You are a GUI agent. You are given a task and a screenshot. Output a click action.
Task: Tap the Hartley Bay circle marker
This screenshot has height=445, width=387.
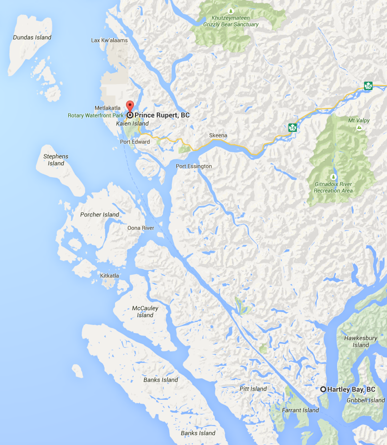pos(323,389)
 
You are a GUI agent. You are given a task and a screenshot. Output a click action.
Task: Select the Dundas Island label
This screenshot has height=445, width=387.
pos(32,37)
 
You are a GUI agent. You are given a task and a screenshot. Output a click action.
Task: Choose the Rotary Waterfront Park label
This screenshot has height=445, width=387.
pos(96,115)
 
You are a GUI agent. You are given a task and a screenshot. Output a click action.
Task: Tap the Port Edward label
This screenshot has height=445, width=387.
pos(135,142)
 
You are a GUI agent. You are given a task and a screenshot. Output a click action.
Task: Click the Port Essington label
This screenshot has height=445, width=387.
pos(194,166)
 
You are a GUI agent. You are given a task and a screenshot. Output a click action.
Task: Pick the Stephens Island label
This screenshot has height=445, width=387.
pos(56,160)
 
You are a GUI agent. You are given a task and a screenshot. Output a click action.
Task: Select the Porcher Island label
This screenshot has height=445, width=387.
pos(100,215)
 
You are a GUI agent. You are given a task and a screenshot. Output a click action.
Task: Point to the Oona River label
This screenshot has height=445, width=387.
pos(141,228)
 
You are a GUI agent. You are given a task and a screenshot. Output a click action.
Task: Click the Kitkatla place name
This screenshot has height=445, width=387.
pos(110,275)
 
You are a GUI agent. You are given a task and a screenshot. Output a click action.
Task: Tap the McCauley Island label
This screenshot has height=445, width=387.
pos(145,312)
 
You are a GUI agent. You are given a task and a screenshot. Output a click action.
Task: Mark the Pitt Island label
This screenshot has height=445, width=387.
pos(253,389)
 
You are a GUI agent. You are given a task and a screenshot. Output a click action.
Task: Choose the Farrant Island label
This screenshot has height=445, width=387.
pos(300,410)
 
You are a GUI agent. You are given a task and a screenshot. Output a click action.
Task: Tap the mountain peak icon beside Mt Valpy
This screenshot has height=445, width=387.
pos(359,128)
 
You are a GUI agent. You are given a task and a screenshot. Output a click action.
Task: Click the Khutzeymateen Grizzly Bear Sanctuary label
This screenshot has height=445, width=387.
pos(231,21)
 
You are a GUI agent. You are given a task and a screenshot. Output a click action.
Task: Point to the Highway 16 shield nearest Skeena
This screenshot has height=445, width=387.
pos(292,128)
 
